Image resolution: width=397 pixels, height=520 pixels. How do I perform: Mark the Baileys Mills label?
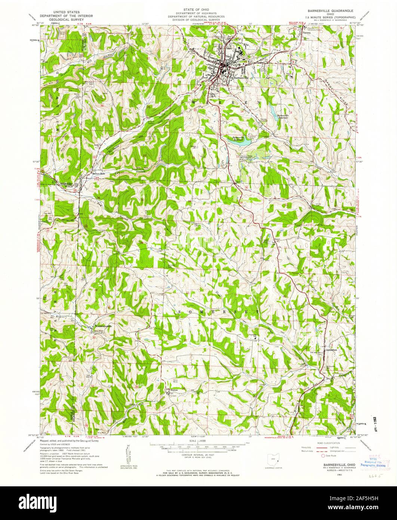coord(98,175)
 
